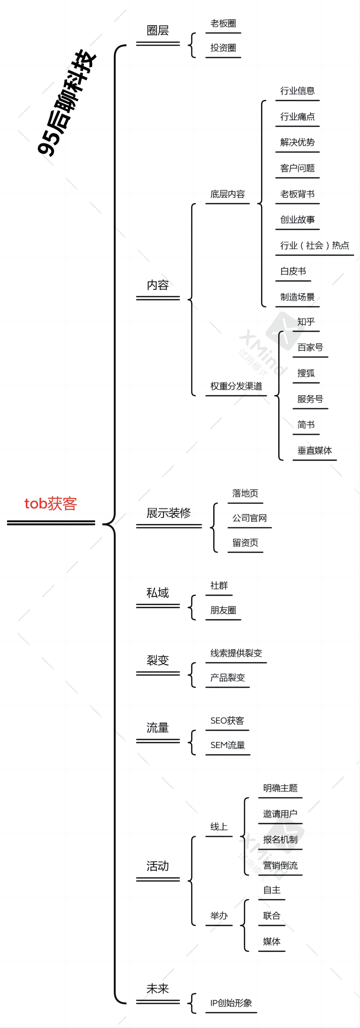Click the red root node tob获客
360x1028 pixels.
[51, 504]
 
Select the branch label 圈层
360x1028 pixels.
[158, 30]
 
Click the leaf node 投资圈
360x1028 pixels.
[223, 48]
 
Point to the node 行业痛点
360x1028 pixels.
[297, 116]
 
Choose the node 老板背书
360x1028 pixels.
[297, 194]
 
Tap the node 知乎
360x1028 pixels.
[306, 322]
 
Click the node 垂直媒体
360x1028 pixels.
[314, 450]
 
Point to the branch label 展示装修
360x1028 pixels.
[168, 513]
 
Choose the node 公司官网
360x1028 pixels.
[249, 518]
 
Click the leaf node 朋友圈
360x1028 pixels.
[223, 610]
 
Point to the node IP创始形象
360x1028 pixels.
[231, 1003]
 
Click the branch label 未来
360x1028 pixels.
[158, 988]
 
